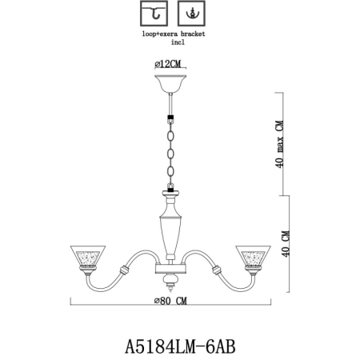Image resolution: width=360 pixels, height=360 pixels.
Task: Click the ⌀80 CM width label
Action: click(x=171, y=302)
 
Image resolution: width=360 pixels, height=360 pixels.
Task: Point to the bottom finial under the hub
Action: click(x=171, y=282)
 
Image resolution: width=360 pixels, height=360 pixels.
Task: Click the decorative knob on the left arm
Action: click(x=125, y=270)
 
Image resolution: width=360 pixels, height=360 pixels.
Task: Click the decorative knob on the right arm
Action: click(x=217, y=270)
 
